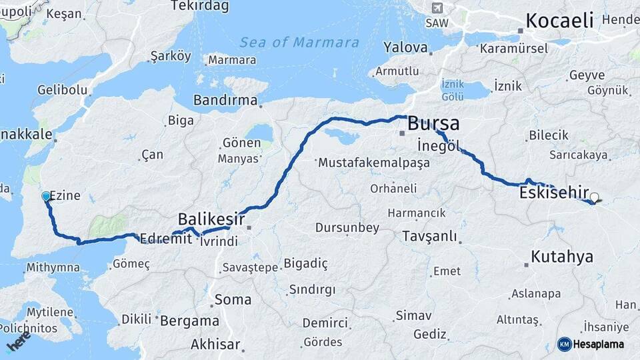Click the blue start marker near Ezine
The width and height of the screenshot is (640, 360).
[x=45, y=196]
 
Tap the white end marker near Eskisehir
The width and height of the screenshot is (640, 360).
[x=595, y=197]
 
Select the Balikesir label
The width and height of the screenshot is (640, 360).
[x=211, y=219]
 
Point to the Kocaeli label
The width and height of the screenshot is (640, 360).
[x=559, y=20]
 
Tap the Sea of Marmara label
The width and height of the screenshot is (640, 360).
[x=299, y=43]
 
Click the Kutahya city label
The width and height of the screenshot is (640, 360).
[x=562, y=256]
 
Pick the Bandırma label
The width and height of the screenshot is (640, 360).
[x=225, y=100]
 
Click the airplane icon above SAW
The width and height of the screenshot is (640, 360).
[x=437, y=8]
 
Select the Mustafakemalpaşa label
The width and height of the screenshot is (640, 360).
[x=375, y=162]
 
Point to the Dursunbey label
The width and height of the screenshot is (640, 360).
[x=347, y=228]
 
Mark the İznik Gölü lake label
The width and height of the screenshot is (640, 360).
[x=452, y=89]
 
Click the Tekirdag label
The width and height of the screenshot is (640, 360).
[x=199, y=6]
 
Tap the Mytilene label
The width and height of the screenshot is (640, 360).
[x=50, y=312]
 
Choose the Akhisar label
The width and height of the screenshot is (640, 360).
[x=215, y=345]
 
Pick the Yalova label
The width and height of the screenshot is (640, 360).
[x=405, y=47]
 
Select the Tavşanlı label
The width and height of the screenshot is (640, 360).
[x=429, y=236]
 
